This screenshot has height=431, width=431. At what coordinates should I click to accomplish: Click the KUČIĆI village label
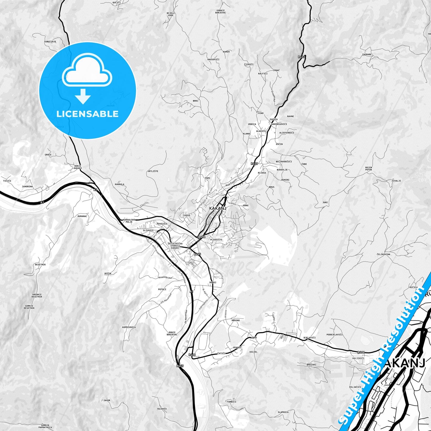pyautogui.click(x=117, y=2)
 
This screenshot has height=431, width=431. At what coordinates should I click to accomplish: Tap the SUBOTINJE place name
pyautogui.click(x=50, y=41)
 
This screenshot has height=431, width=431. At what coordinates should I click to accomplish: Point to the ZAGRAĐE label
pyautogui.click(x=367, y=55)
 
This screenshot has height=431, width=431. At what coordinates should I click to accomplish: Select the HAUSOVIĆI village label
pyautogui.click(x=213, y=59)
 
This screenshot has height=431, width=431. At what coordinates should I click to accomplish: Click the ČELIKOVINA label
pyautogui.click(x=383, y=254)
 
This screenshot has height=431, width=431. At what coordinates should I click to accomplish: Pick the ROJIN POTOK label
pyautogui.click(x=369, y=169)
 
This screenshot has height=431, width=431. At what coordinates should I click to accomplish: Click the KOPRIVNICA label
pyautogui.click(x=129, y=327)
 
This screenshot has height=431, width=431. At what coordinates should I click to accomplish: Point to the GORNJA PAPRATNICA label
pyautogui.click(x=45, y=426)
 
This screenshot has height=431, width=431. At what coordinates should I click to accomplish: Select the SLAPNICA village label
pyautogui.click(x=283, y=412)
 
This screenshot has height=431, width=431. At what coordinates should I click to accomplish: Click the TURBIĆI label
pyautogui.click(x=231, y=402)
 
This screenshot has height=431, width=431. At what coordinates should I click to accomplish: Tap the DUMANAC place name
pyautogui.click(x=82, y=216)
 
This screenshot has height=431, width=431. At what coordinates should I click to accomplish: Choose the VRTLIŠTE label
pyautogui.click(x=153, y=171)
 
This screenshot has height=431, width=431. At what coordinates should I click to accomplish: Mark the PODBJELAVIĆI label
pyautogui.click(x=334, y=335)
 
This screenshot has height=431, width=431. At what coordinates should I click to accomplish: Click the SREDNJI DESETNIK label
pyautogui.click(x=37, y=296)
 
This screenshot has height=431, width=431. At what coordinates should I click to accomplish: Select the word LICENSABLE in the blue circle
pyautogui.click(x=87, y=114)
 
